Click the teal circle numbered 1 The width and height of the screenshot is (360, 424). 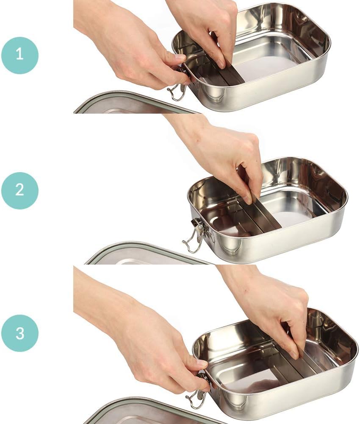[x=20, y=56]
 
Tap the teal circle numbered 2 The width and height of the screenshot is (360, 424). [x=20, y=191]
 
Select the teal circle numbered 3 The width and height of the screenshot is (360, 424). [x=20, y=333]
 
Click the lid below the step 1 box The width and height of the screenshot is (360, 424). [x=135, y=104]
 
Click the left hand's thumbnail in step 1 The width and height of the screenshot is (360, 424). [x=180, y=58]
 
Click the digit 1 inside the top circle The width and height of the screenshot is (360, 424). [x=19, y=54]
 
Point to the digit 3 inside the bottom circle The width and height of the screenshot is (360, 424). [x=20, y=333]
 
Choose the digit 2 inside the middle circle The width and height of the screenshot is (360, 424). [x=20, y=190]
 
